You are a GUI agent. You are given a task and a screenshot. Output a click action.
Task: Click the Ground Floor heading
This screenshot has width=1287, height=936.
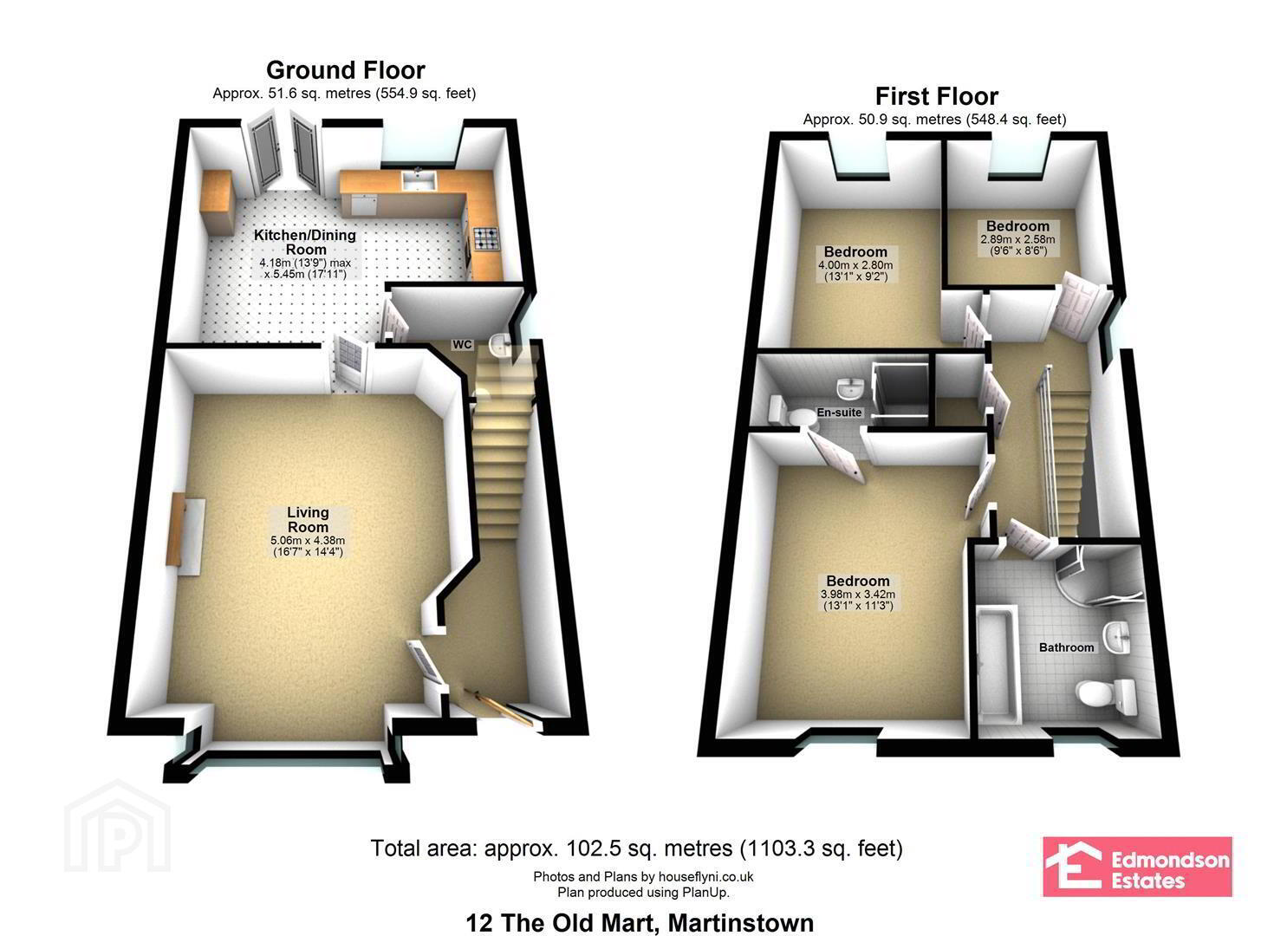tap(345, 70)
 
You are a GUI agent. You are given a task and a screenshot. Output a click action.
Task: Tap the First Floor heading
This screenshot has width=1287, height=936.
tap(937, 96)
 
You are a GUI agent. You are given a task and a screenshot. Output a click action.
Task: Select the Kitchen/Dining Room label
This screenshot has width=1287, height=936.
tap(305, 242)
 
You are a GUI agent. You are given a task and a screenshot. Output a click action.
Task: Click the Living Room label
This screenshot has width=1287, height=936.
tap(308, 519)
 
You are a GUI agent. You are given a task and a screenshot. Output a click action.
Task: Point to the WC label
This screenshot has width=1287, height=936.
tap(463, 344)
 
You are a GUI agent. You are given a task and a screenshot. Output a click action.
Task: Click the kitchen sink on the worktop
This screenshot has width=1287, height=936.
tap(419, 180)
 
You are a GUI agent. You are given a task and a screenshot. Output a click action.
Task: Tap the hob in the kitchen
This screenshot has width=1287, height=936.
tap(487, 239)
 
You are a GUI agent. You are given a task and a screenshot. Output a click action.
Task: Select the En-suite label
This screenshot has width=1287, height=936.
tap(839, 412)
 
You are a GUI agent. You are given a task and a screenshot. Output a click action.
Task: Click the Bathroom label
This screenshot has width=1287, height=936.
tap(1066, 647)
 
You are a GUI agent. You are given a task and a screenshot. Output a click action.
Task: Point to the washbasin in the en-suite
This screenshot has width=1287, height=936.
tap(849, 389)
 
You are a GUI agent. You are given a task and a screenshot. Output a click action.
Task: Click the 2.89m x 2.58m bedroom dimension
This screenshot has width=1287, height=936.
tap(1017, 244)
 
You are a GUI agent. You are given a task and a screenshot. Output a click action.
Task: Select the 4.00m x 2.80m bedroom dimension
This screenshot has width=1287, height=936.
tap(855, 270)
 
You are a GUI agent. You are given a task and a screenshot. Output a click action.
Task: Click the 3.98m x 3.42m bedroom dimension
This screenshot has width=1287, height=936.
tap(858, 600)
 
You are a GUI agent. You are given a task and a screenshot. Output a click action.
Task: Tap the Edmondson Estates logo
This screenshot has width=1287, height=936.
tap(1138, 866)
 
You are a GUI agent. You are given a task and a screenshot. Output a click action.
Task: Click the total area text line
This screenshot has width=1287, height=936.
tap(637, 848)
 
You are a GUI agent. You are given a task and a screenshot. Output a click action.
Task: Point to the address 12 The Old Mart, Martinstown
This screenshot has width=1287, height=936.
tap(640, 923)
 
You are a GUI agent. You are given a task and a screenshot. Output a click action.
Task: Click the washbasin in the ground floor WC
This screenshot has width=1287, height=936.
tap(499, 346)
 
